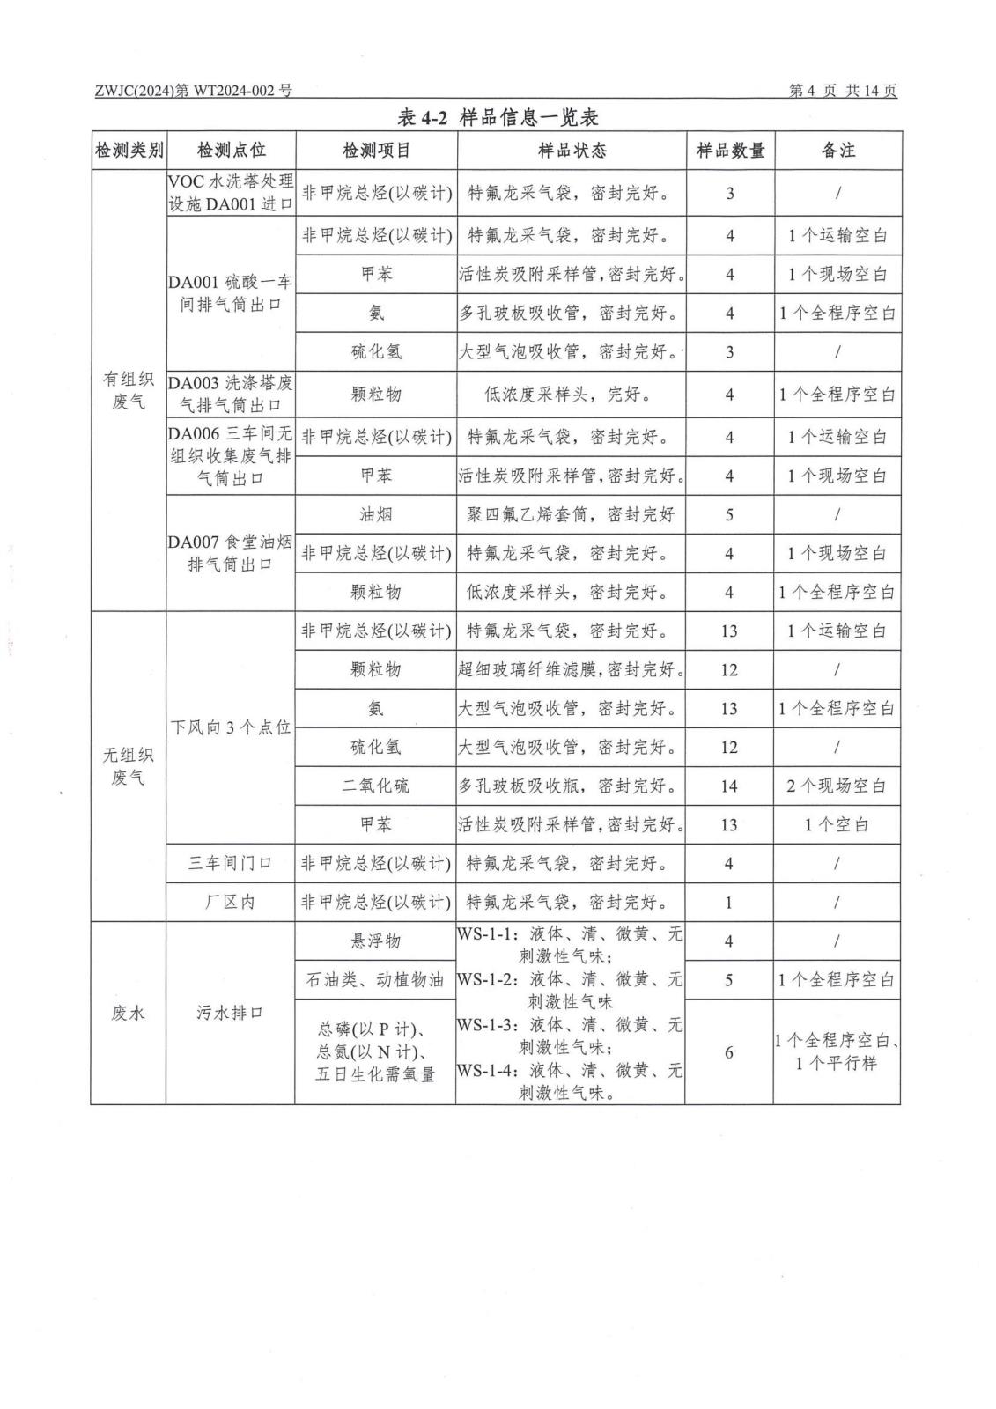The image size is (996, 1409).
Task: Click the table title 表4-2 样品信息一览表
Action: pos(498,117)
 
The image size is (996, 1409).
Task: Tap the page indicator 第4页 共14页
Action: pos(843,91)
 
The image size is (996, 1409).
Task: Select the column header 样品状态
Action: pos(572,151)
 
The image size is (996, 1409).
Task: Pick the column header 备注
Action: pos(837,151)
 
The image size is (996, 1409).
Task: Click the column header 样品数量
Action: pos(730,151)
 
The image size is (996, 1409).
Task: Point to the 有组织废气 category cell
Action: pos(129,390)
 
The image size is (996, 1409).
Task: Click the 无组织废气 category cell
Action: pos(129,766)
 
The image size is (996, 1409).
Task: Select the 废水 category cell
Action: pos(129,1013)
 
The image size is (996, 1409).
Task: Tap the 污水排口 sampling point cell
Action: pos(230,1013)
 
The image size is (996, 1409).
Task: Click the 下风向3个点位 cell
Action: pos(230,727)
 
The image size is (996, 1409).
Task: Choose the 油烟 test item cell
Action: pos(376,514)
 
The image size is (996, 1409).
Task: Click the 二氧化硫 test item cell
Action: pos(376,786)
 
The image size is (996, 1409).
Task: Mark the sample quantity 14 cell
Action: pos(729,786)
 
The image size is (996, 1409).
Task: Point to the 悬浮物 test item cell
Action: pos(376,941)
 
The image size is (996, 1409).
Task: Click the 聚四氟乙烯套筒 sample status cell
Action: pos(571,514)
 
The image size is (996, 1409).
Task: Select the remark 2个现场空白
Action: pos(837,786)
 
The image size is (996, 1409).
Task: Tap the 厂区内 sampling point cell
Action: pos(230,902)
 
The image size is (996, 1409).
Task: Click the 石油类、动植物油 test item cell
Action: pos(376,979)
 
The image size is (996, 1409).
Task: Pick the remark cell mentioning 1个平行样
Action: pos(837,1051)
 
